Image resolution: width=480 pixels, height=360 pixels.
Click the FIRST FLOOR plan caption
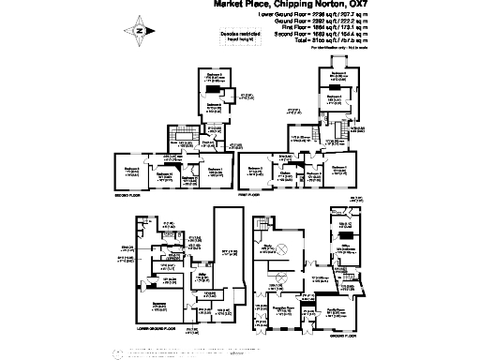coord(249,194)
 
